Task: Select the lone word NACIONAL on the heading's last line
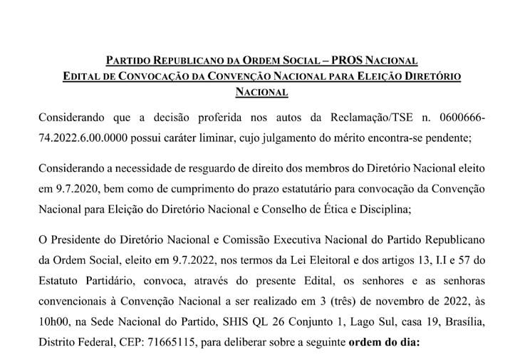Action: (x=261, y=91)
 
